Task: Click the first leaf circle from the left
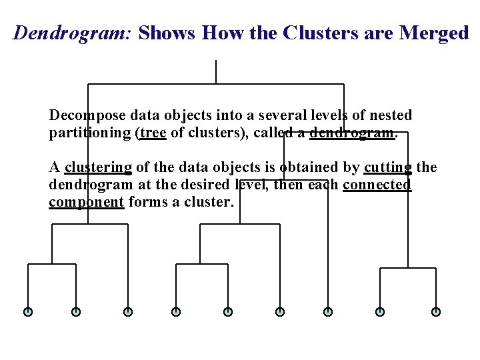pos(28,311)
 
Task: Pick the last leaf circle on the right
pos(436,311)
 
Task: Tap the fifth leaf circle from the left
pos(228,311)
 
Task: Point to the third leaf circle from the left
pos(128,311)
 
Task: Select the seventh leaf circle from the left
pos(328,311)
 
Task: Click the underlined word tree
pos(153,133)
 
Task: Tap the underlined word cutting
pos(388,167)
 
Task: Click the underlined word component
pos(86,202)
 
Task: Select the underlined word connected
pos(377,185)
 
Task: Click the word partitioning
pos(90,133)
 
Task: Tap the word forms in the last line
pos(148,201)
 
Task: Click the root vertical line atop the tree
pos(216,72)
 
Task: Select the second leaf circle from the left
pos(76,311)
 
